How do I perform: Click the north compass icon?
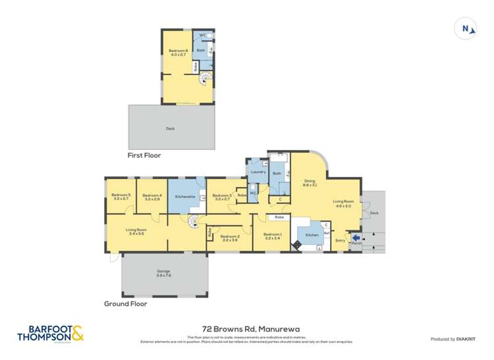click(466, 29)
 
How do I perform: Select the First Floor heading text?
click(144, 155)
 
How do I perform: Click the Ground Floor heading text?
click(126, 304)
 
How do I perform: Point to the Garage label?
click(164, 274)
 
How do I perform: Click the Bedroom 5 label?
click(121, 196)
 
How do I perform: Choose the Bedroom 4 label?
click(151, 196)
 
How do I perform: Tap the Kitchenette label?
click(184, 197)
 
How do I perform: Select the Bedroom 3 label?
click(221, 197)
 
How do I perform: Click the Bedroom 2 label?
click(229, 238)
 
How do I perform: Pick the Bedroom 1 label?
click(272, 236)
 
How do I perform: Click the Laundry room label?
click(258, 172)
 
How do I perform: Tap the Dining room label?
click(310, 183)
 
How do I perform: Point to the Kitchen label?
click(312, 235)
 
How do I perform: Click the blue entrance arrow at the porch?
click(356, 238)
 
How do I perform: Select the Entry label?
click(341, 241)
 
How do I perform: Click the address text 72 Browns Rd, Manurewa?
click(246, 327)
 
